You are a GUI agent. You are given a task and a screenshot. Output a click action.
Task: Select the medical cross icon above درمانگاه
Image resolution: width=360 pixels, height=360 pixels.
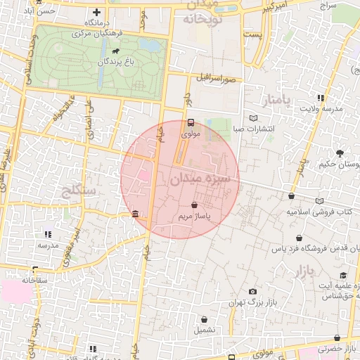point(97,13)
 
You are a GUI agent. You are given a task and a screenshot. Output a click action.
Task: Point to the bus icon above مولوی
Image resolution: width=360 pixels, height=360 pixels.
point(191,122)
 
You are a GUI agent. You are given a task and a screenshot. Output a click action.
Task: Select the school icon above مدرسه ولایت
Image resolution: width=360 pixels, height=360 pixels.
point(321,98)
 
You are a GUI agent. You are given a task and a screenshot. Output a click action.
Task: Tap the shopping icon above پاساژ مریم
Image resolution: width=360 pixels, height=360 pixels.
point(194,205)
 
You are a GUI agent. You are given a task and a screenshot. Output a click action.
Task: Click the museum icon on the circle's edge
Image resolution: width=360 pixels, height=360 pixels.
point(135,214)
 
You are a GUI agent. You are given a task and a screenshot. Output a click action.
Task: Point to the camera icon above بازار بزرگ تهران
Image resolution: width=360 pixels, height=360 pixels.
point(252,291)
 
